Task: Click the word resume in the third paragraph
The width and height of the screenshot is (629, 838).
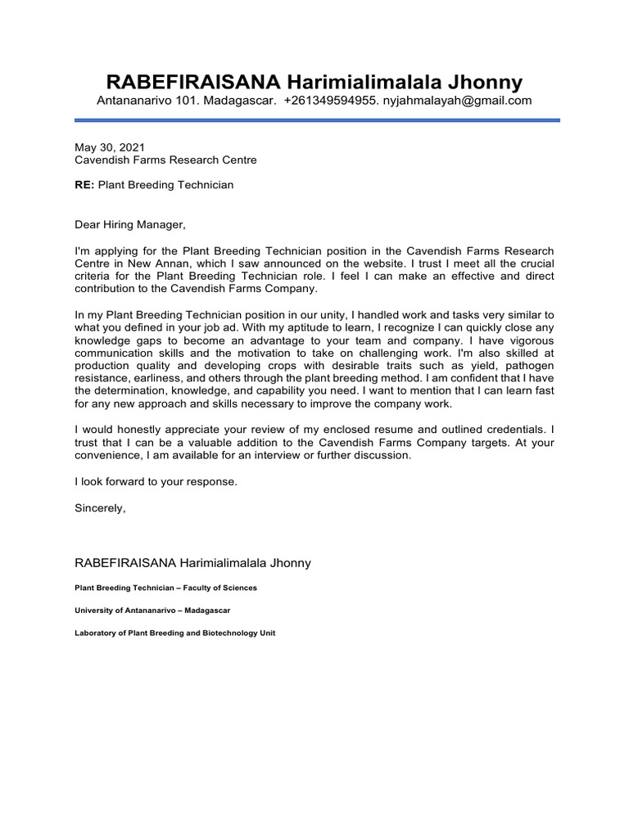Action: [396, 430]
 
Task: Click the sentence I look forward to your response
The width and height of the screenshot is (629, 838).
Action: [156, 482]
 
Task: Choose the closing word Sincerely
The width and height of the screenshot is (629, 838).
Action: [100, 508]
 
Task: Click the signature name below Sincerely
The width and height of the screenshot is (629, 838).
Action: [192, 564]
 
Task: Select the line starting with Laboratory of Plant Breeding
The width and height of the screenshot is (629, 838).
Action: [174, 633]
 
